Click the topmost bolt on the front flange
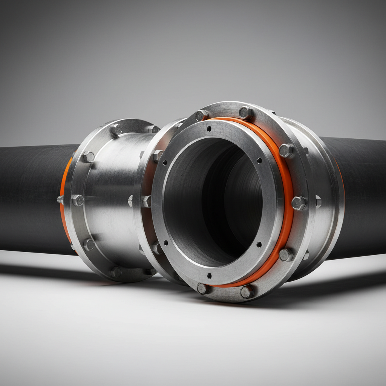point(245,112)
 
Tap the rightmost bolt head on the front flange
point(299,203)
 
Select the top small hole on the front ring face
point(208,129)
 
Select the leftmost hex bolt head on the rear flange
point(78,200)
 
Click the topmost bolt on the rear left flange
point(116,130)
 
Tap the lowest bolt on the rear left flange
point(115,271)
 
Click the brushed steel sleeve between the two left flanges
point(113,200)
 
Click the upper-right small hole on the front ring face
point(259,161)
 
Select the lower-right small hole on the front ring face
point(259,245)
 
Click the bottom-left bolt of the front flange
point(203,288)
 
